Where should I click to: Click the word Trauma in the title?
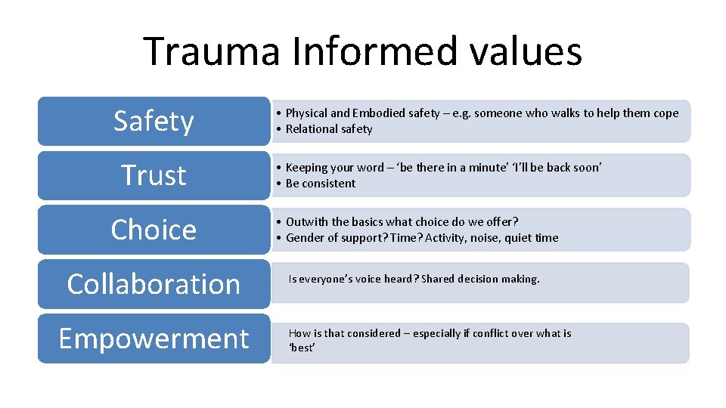coord(211,51)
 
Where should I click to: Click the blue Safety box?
coord(154,121)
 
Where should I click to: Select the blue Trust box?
coord(154,175)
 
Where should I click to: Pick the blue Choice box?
coord(154,230)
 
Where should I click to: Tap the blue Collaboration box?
coord(154,284)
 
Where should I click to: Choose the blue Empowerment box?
coord(154,338)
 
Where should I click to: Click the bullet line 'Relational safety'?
coord(329,129)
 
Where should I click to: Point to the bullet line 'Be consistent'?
coord(320,184)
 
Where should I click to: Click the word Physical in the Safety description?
coord(306,113)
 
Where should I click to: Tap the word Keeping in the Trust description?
coord(306,168)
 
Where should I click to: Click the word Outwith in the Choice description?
coord(306,222)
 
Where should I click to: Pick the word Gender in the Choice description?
coord(304,238)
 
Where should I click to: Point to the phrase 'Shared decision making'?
coord(480,279)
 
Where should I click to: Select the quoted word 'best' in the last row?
coord(302,348)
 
